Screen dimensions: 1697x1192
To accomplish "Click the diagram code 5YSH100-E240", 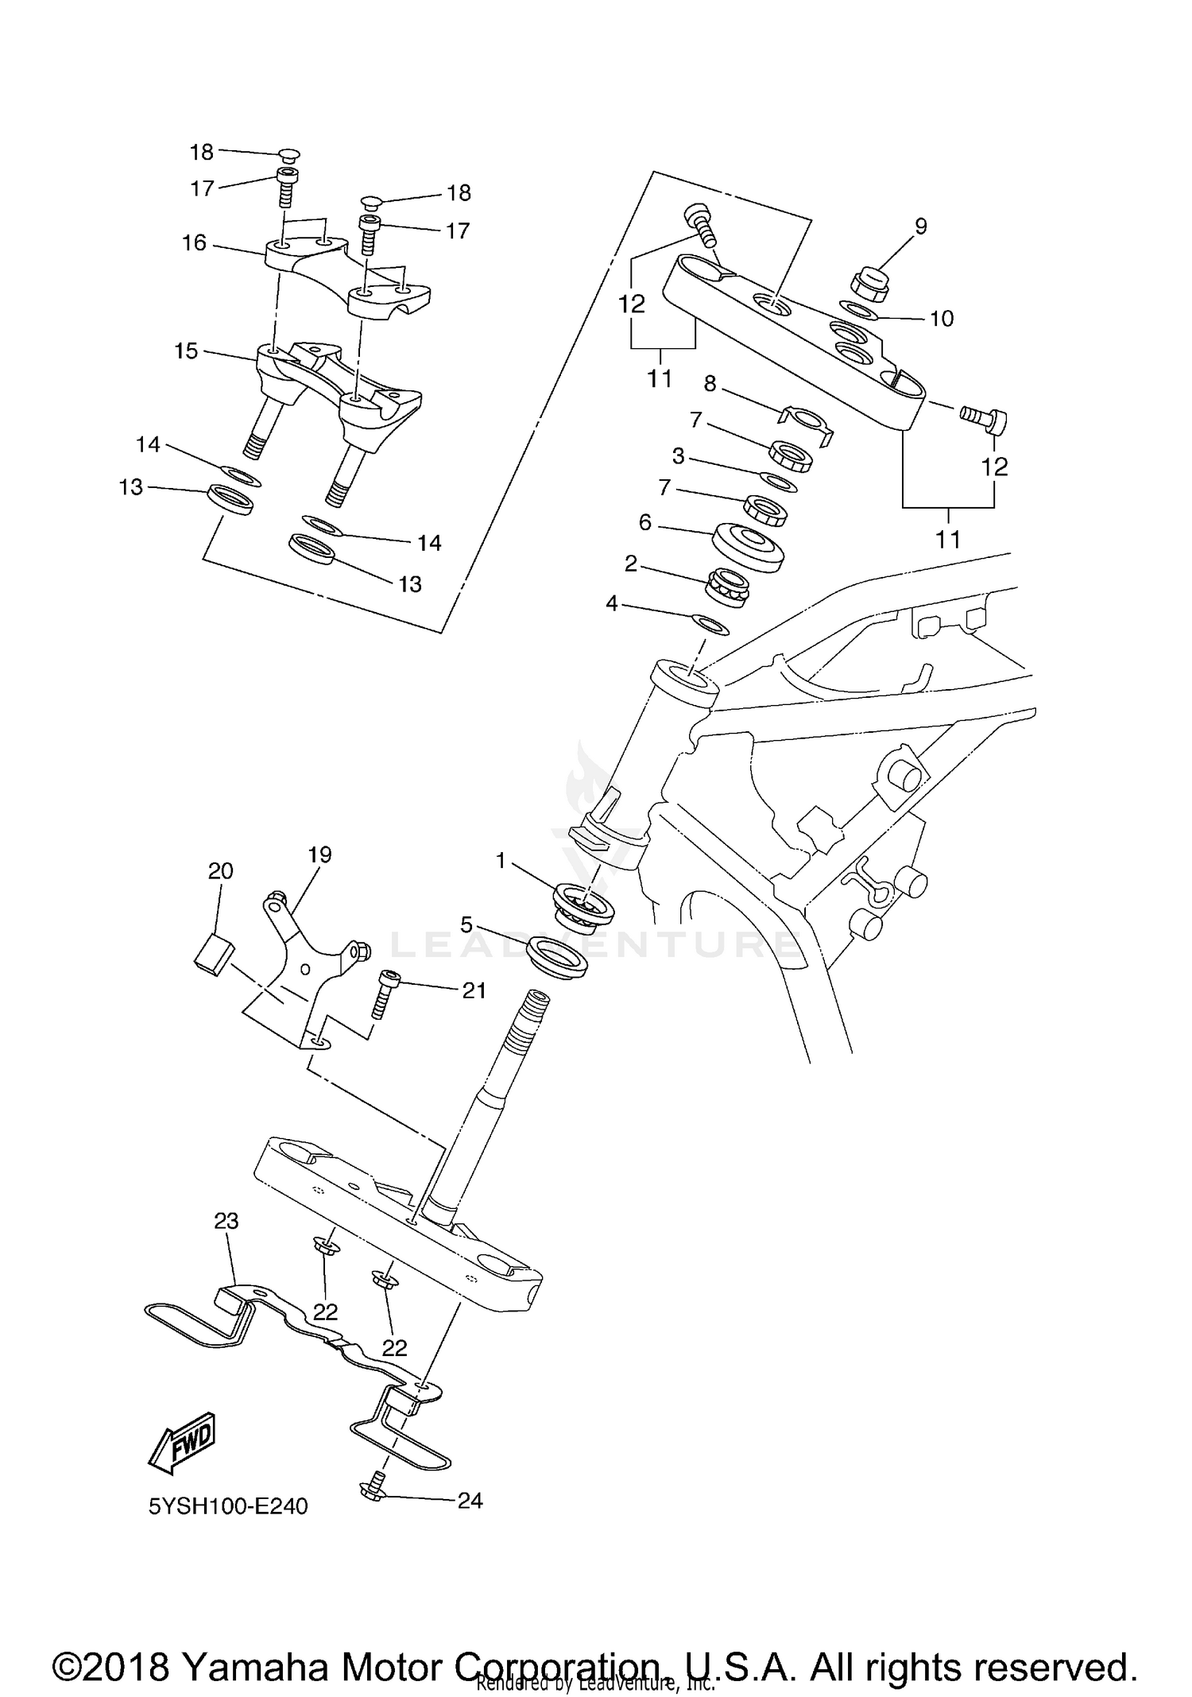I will pos(228,1505).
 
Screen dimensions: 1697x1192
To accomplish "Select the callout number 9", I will pos(920,227).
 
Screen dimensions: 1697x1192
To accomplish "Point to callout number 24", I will pos(470,1500).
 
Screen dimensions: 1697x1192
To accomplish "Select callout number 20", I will pos(220,871).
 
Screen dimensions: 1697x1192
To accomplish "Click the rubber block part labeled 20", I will pos(212,951).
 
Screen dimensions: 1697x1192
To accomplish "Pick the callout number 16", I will pos(194,242).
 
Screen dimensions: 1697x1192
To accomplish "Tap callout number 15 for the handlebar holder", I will pos(186,351).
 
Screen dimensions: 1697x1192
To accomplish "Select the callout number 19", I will pos(319,854).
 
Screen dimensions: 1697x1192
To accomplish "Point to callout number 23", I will pos(226,1220).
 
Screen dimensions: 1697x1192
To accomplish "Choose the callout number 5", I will pos(466,924).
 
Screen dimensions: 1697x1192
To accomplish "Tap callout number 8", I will pos(710,384).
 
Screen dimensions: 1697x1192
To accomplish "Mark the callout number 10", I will pos(941,319).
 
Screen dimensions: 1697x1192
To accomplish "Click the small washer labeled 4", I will pos(711,625).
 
